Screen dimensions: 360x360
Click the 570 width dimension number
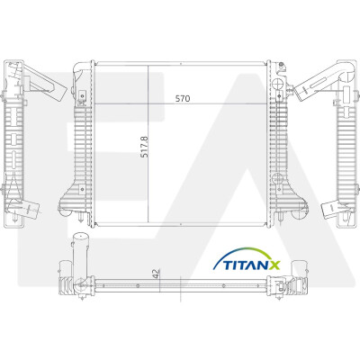click(x=183, y=98)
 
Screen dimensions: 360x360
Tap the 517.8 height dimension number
click(x=144, y=147)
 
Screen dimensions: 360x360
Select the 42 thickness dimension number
click(x=156, y=274)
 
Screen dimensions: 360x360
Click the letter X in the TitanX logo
click(x=274, y=265)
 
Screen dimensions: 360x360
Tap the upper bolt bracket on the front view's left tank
click(x=82, y=96)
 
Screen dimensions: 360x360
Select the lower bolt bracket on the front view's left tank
click(x=82, y=189)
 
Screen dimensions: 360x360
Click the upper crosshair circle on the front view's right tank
click(x=278, y=84)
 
